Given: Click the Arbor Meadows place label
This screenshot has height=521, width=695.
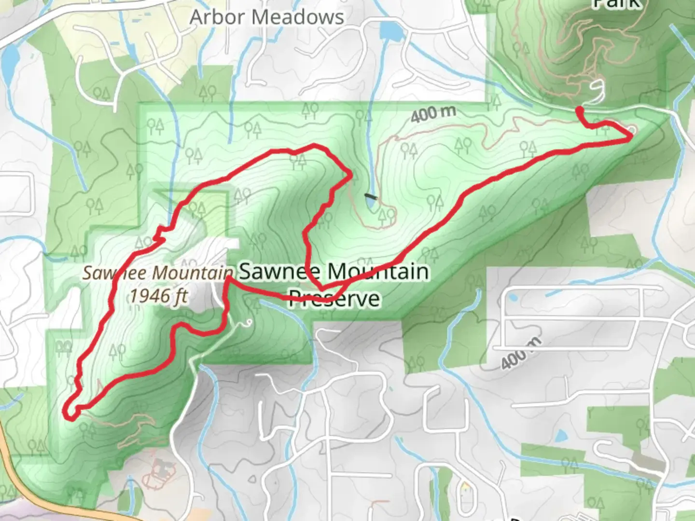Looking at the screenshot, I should coord(266,17).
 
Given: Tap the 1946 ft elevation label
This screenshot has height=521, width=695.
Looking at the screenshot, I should coord(158,295).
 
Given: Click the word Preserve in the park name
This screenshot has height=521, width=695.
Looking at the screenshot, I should coord(334,298).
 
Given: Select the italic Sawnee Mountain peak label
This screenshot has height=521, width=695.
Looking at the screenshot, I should coord(157,273).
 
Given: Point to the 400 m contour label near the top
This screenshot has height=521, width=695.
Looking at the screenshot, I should coord(433,114).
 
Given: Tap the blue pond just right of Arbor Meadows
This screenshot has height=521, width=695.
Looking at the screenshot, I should coord(391,31).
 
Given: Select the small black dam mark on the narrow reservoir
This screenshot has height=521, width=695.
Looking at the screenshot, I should coord(370,196).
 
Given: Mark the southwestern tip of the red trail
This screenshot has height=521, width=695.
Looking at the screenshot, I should coord(69,415).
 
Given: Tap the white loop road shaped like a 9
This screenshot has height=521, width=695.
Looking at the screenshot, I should coord(598,91).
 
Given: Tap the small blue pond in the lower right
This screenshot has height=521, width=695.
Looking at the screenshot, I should coord(561,436).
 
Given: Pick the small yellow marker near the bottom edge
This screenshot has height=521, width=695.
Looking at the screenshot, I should coord(465,485).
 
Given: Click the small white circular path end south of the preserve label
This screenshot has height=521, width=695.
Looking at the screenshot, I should coord(249,322).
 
